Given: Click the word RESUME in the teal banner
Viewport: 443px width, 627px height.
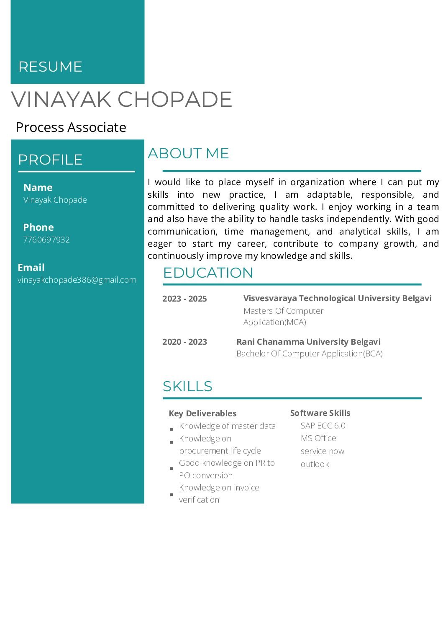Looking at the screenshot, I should [50, 67].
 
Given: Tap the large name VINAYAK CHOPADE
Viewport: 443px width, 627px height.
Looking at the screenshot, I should [122, 99].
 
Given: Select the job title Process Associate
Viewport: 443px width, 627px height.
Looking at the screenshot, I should [71, 127].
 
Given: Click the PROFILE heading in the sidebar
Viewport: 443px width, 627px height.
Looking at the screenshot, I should [50, 160].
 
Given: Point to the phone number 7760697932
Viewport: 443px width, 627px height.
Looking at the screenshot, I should [46, 240].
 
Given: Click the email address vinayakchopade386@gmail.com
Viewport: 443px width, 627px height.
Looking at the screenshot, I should [77, 280].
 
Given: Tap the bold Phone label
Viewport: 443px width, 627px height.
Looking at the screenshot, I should [38, 227].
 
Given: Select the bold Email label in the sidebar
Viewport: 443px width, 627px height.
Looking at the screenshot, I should [31, 268].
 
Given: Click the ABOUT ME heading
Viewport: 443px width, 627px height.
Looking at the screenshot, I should [188, 153].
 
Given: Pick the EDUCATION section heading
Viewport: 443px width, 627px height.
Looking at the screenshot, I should [208, 273].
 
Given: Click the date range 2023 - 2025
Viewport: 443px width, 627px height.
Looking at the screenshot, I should [184, 299].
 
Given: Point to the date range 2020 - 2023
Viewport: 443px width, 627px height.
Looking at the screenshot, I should [184, 342].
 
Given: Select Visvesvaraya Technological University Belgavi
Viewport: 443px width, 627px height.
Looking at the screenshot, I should [337, 298].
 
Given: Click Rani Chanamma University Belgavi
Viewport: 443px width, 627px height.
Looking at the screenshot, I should [308, 342].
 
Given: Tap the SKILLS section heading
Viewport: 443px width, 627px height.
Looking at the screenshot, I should [187, 386].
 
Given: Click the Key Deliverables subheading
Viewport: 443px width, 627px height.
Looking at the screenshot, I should [202, 413].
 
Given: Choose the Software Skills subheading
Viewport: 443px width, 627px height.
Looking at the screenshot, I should [320, 413].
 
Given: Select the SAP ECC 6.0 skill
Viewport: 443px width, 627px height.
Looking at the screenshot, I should [323, 426].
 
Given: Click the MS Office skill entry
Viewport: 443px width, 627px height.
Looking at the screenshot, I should [318, 438].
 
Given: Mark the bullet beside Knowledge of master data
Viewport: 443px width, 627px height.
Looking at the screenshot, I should [172, 429].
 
